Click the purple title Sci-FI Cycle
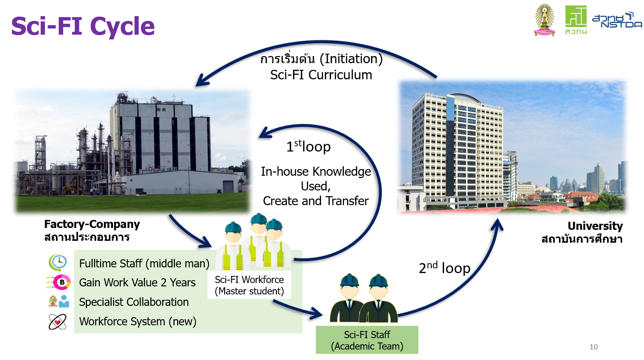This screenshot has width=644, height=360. click(x=83, y=27)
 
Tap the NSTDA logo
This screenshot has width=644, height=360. click(x=617, y=20)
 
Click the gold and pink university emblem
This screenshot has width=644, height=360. click(x=544, y=20)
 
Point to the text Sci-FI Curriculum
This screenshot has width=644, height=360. click(x=321, y=75)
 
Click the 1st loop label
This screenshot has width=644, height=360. click(x=309, y=146)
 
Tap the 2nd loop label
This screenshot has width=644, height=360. click(x=445, y=268)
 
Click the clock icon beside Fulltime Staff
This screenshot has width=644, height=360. click(x=58, y=262)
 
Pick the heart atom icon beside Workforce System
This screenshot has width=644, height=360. click(x=57, y=322)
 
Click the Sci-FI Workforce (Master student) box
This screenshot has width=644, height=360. click(x=249, y=285)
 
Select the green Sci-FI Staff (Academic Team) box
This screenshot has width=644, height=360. click(x=367, y=340)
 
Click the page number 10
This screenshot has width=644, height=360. click(x=593, y=347)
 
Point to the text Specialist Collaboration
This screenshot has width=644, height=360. click(x=134, y=302)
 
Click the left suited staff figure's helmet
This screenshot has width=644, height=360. click(x=350, y=280)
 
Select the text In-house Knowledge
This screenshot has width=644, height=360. click(x=316, y=171)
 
